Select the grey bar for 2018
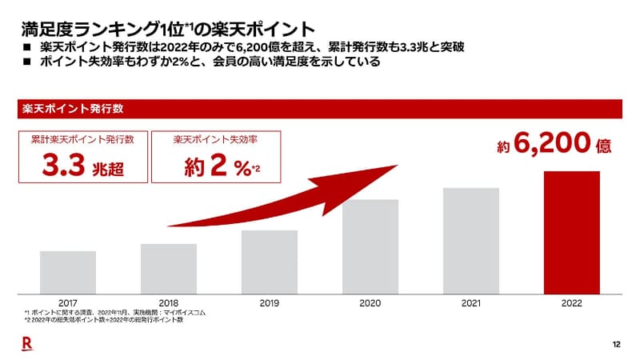coord(169,267)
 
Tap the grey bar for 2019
coord(270,260)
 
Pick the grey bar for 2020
coord(370,245)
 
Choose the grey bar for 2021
coord(471,239)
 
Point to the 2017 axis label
coord(68,304)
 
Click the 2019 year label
coord(270,304)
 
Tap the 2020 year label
coord(370,304)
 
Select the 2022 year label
coord(571,304)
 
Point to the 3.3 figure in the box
coord(64,167)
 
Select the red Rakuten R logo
coord(25,343)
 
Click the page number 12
coord(616,344)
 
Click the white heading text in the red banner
coord(73,108)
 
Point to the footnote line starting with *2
coord(103,320)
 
